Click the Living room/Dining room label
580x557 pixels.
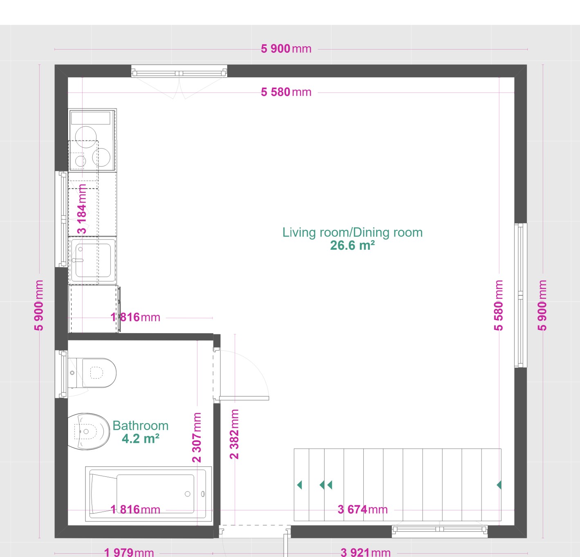pos(352,232)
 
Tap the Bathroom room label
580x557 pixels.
pos(140,426)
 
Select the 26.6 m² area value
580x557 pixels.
pos(352,246)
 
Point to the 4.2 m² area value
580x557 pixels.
pos(140,439)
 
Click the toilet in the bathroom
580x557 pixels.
pos(92,373)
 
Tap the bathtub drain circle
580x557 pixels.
pos(188,494)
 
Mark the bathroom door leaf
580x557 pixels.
pos(244,398)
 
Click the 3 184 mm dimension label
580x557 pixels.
pos(82,209)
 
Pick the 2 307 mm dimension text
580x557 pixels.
pos(197,437)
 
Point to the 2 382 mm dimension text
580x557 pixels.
pos(235,434)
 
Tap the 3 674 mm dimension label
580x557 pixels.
pos(363,510)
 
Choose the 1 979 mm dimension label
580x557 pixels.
pos(129,552)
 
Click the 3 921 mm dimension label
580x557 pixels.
pos(365,552)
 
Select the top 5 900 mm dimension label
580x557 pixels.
pos(286,49)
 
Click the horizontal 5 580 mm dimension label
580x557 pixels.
pos(286,92)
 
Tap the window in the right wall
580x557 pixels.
pos(520,295)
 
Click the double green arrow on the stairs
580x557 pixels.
pos(326,485)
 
